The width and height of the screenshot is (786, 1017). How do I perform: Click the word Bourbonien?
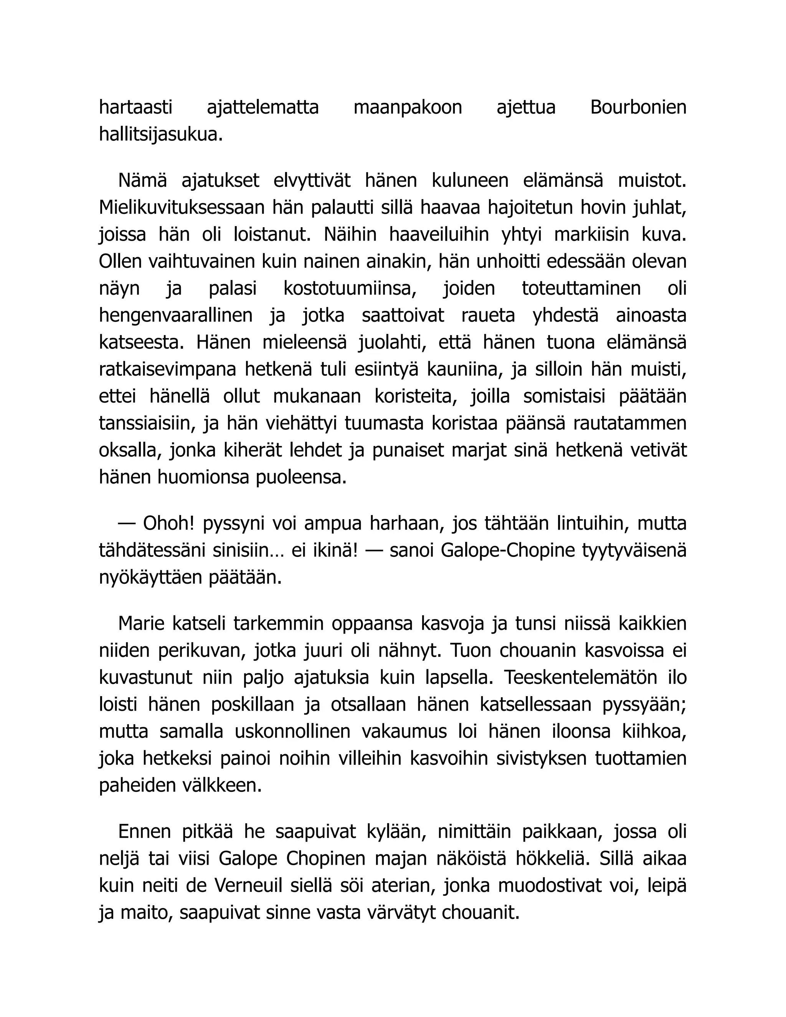click(x=638, y=107)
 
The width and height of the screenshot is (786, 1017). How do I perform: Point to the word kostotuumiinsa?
click(x=350, y=288)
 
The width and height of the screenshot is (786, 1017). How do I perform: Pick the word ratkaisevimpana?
click(x=168, y=369)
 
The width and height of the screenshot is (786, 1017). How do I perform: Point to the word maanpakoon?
click(x=408, y=107)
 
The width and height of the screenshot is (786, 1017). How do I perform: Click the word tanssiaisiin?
click(x=145, y=423)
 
